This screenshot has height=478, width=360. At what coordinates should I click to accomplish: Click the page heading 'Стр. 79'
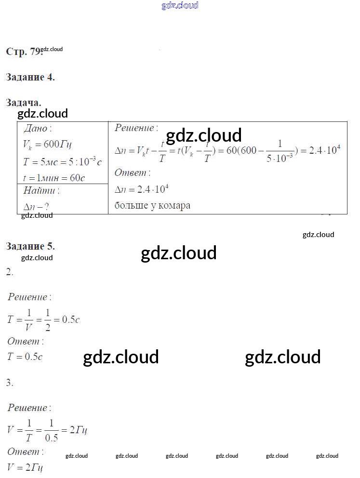pos(23,52)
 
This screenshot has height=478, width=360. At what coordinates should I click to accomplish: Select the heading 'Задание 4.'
pos(30,77)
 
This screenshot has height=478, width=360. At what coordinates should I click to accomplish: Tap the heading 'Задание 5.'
pos(30,246)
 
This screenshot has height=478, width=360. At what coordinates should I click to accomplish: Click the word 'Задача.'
pos(24,103)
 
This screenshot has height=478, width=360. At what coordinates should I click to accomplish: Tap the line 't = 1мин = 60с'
pos(54,178)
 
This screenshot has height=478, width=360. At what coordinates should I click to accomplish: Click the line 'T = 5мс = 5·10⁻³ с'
pos(62,162)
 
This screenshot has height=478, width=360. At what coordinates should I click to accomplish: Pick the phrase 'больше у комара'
pos(152,206)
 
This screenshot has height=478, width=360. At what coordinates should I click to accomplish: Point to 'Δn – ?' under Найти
pos(36,207)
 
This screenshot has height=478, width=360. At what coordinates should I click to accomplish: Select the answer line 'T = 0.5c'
pos(25,357)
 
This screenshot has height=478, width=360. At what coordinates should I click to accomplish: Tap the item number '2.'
pos(10,273)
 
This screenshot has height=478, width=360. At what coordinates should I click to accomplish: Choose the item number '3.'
pos(10,383)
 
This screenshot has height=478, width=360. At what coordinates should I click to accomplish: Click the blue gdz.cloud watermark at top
pos(180,6)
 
